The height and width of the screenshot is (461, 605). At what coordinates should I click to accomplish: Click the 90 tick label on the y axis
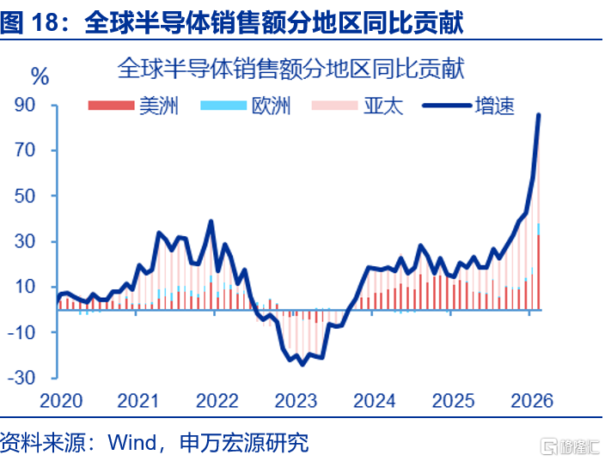click(25, 105)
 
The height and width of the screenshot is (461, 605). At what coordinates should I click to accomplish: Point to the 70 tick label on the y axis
click(25, 150)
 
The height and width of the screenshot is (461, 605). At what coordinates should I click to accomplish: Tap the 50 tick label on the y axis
click(25, 196)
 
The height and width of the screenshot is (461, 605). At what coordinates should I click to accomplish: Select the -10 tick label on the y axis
click(21, 332)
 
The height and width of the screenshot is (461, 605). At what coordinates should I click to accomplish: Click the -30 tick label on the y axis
click(21, 378)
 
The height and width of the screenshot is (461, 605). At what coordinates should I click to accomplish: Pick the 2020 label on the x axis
click(61, 401)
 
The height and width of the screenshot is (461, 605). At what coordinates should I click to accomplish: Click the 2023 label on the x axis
click(296, 401)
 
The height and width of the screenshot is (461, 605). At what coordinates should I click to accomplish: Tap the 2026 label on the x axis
click(532, 401)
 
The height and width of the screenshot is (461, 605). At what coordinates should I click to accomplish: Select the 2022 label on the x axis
click(217, 401)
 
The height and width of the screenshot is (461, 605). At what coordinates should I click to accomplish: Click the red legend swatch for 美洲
click(111, 106)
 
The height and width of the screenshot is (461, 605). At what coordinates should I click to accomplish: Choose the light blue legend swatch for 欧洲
click(223, 106)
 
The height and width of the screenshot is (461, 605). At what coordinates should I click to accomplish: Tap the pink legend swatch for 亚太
click(335, 106)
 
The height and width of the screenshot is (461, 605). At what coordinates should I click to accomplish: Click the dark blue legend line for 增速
click(447, 106)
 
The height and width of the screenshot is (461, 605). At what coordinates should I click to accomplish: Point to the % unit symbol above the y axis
click(40, 76)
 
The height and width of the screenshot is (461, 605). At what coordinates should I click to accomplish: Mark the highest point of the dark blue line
click(539, 114)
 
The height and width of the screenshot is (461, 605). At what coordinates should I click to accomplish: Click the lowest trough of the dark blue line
click(302, 364)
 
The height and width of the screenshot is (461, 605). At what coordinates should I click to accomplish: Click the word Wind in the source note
click(132, 442)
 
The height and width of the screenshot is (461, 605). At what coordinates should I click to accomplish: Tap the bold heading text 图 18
click(30, 22)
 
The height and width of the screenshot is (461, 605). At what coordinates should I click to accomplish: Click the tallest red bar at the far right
click(539, 272)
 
